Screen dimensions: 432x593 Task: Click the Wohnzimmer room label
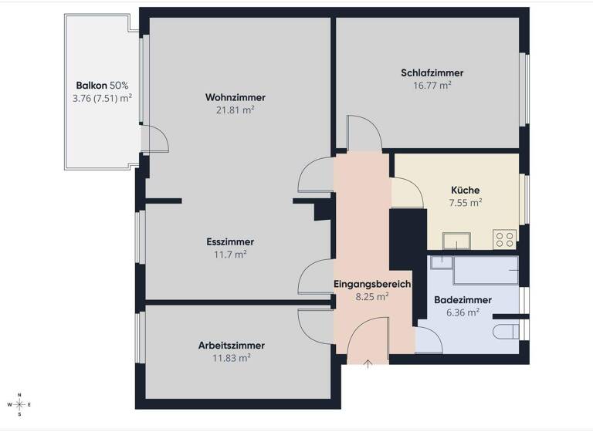(236, 97)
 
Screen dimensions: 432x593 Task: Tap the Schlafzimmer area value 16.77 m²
(432, 86)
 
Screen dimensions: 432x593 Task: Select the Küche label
(466, 190)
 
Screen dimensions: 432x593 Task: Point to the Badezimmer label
(463, 299)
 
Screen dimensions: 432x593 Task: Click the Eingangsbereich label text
(371, 284)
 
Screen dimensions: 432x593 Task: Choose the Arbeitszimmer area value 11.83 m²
(232, 358)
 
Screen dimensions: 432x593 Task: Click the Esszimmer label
(231, 241)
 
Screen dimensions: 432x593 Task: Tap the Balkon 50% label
(101, 85)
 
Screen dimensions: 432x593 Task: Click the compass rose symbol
(20, 404)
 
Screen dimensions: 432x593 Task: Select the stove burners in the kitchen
(505, 239)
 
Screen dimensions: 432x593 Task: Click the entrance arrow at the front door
(368, 363)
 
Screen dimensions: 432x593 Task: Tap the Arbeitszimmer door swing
(316, 325)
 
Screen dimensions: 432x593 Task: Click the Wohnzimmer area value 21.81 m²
(236, 110)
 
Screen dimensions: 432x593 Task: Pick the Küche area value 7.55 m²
(466, 203)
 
